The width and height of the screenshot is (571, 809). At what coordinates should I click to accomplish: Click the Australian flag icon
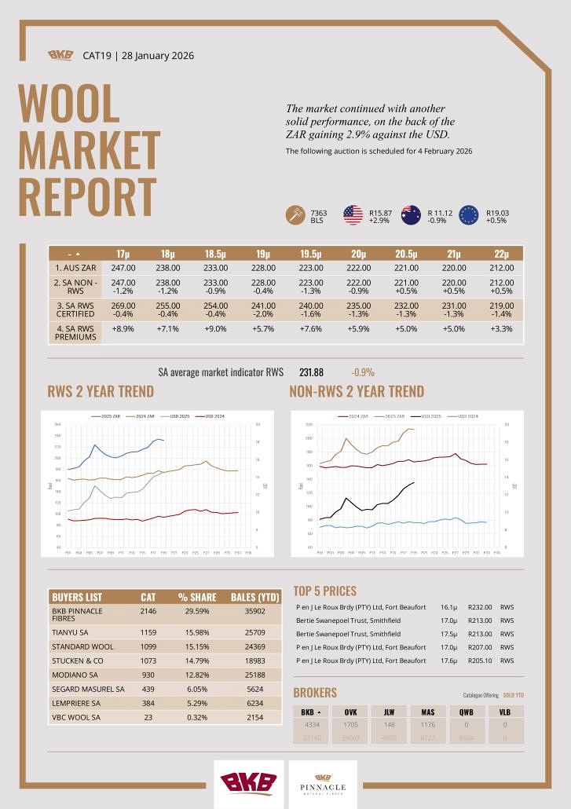click(411, 215)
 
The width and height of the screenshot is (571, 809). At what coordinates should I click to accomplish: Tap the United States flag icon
click(353, 215)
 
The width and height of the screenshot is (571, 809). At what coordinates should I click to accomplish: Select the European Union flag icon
click(469, 215)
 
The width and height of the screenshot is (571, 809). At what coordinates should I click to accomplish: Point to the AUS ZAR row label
click(74, 268)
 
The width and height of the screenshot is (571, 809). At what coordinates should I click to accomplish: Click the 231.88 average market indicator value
click(311, 372)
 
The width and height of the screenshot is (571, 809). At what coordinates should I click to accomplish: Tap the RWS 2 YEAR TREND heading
click(101, 392)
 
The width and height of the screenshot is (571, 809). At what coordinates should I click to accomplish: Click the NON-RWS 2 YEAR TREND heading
click(356, 392)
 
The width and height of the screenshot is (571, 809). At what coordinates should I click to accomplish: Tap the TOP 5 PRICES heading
click(324, 591)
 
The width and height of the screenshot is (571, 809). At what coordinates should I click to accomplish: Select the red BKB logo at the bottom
click(248, 783)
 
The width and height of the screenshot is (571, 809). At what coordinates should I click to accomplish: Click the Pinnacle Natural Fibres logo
click(323, 783)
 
